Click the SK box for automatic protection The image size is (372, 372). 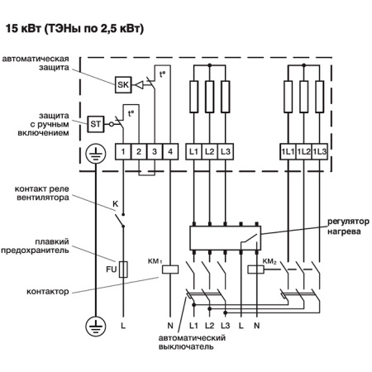(122, 84)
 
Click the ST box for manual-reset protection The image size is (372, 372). (95, 122)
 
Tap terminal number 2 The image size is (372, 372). (138, 153)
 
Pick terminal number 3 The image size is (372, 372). (154, 153)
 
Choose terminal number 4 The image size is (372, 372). (169, 153)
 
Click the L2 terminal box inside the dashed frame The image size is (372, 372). (209, 153)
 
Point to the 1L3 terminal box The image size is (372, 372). (320, 153)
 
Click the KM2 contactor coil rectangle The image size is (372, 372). (255, 269)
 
